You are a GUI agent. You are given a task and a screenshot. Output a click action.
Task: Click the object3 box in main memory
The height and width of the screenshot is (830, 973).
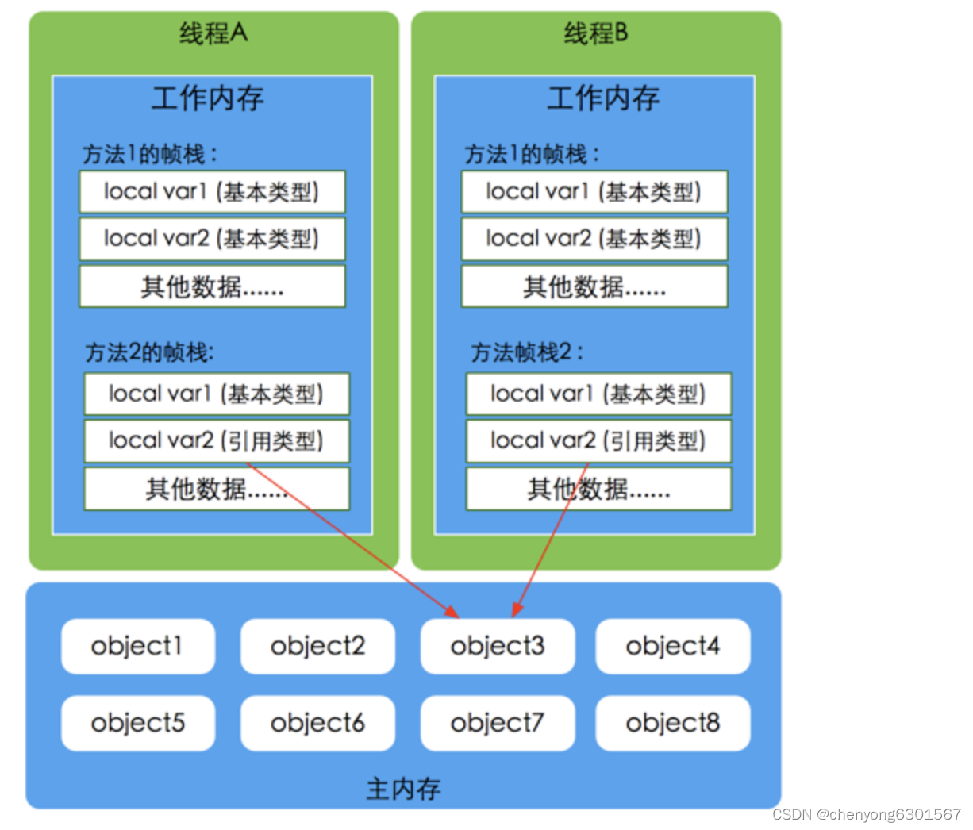(498, 646)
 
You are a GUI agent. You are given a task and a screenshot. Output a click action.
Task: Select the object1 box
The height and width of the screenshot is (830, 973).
(137, 646)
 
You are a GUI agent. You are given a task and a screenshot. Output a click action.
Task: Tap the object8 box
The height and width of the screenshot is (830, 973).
(672, 723)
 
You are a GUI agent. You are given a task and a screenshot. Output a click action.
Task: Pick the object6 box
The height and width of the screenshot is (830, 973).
(317, 723)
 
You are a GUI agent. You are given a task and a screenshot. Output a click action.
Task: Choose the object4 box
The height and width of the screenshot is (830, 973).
(672, 646)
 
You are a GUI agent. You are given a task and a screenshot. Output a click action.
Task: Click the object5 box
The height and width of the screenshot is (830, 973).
(137, 723)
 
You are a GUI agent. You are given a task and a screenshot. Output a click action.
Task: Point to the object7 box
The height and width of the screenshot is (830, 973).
(498, 723)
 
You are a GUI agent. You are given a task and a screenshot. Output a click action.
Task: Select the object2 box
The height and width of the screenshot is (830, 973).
(317, 646)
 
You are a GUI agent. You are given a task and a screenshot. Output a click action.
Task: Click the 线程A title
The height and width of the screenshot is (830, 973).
(213, 33)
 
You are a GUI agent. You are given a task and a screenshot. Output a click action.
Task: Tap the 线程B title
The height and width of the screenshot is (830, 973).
(595, 33)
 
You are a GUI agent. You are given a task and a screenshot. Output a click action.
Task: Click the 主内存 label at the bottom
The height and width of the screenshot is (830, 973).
(403, 789)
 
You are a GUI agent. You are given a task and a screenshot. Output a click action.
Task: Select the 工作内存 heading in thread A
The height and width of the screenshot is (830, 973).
(208, 98)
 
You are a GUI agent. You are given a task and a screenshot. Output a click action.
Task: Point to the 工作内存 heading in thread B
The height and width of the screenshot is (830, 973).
(603, 98)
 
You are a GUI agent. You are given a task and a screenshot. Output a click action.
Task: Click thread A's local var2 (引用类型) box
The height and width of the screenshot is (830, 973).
(216, 441)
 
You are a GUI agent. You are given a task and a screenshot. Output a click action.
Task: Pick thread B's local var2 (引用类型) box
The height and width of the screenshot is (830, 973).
(598, 441)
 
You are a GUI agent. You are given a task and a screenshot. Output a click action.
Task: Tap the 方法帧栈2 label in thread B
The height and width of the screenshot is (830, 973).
(527, 352)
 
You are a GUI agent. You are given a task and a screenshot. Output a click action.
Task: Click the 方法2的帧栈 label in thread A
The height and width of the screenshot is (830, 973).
(149, 352)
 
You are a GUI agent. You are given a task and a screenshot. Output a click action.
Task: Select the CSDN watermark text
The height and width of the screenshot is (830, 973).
(866, 815)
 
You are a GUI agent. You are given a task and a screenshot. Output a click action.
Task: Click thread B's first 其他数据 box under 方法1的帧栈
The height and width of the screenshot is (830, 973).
(594, 286)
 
